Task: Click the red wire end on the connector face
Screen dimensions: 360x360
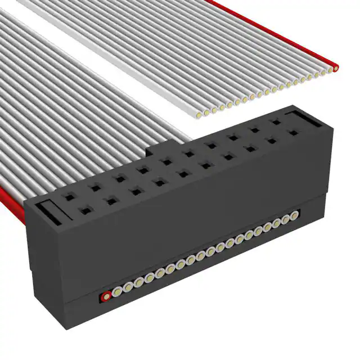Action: tap(105, 295)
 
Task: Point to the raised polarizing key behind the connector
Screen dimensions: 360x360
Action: tap(156, 151)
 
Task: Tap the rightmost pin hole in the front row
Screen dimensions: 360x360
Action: tap(292, 134)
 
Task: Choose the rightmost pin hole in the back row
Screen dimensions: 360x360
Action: tap(276, 121)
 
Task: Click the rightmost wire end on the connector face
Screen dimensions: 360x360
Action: tap(293, 215)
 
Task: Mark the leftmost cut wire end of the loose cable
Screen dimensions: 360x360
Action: tap(199, 115)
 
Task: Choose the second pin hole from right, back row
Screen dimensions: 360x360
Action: tap(254, 130)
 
